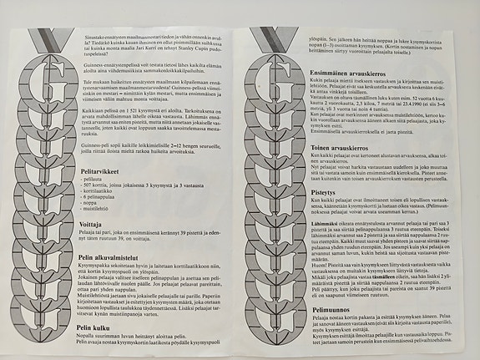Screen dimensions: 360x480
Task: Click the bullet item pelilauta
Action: tap(93, 180)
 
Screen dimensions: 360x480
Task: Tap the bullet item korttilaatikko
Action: tap(99, 193)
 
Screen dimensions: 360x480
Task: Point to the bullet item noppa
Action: tap(92, 206)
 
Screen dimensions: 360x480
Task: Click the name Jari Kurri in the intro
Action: tap(171, 44)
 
